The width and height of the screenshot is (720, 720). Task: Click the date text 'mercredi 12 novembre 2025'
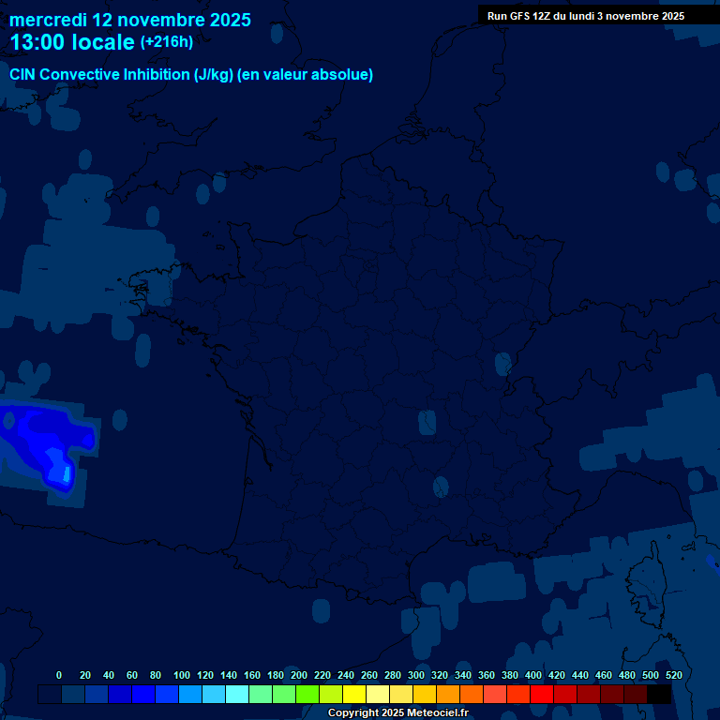coord(130,20)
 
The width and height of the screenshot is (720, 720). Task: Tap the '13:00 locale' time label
coord(72,42)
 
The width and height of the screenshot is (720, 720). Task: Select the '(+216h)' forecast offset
coord(166,42)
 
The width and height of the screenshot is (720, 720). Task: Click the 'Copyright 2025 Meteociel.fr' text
coord(397,713)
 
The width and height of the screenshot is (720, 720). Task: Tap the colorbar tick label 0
coord(59,675)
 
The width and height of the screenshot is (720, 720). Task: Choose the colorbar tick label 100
coord(182,675)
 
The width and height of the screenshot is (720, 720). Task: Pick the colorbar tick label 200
coord(299,675)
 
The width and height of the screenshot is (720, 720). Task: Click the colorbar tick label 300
coord(416,675)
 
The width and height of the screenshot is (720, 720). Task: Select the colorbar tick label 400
coord(533,675)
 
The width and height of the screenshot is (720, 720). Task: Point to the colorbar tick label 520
coord(673,675)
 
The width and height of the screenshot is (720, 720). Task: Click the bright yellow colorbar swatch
coord(354,695)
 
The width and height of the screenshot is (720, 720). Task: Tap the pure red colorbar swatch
coord(542,695)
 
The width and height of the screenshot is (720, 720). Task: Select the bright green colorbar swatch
coord(307,695)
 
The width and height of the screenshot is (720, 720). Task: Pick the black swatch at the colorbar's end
coord(659,695)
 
